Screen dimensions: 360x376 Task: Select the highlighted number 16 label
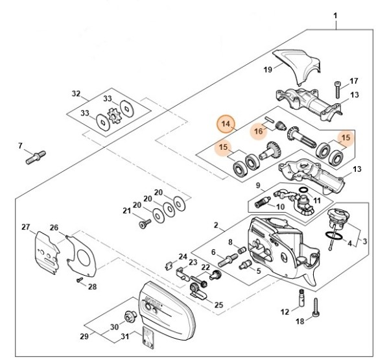tap(259, 131)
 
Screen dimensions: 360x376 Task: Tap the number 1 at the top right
tap(336, 14)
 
